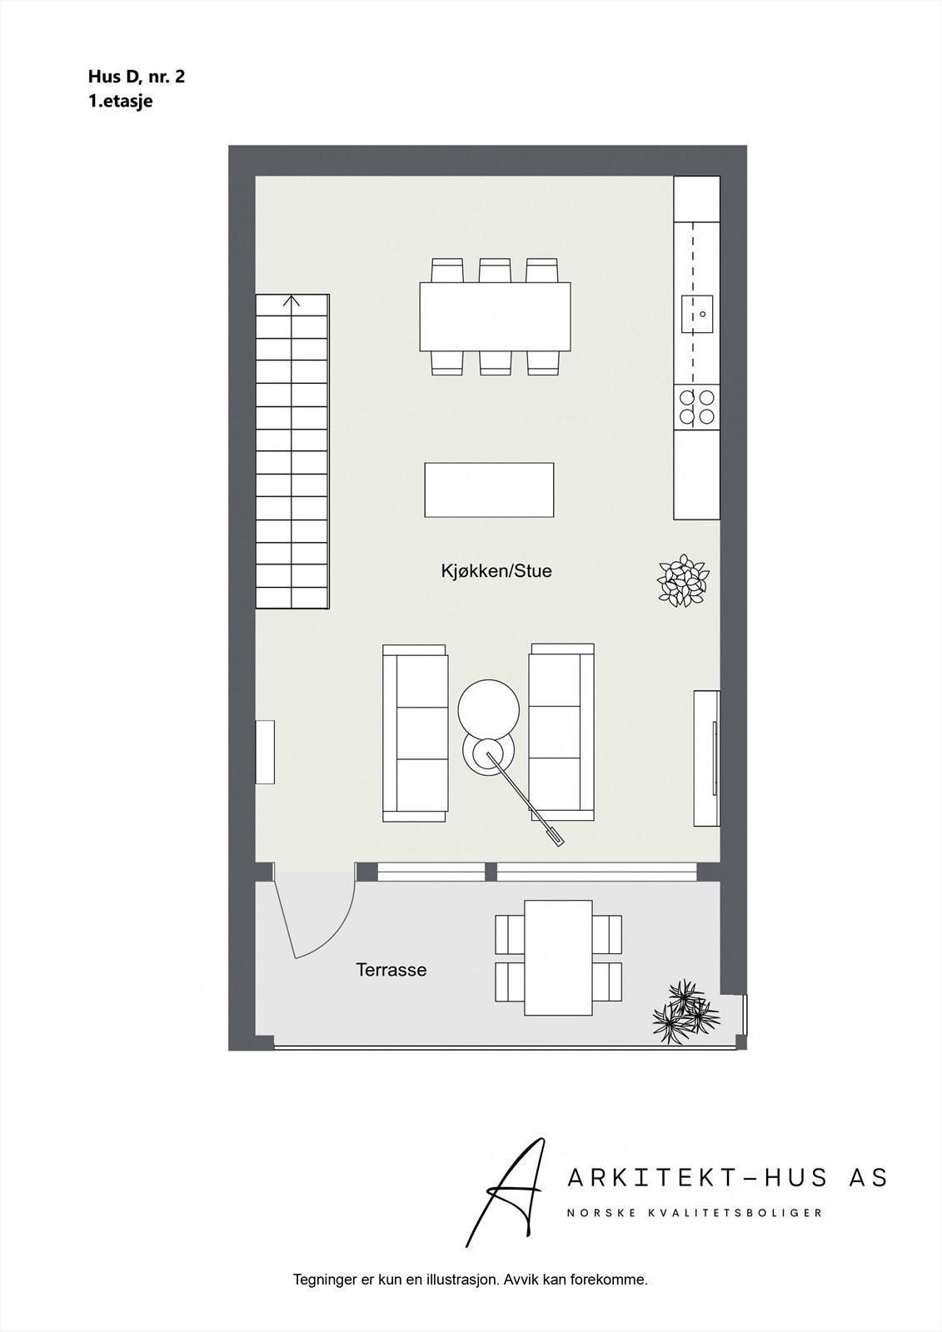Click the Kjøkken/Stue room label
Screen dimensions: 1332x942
(x=496, y=572)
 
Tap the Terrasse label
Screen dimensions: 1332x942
(x=391, y=970)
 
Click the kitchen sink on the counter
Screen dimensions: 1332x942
(x=697, y=314)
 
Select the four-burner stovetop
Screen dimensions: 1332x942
(x=696, y=407)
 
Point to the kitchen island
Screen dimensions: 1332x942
(x=489, y=490)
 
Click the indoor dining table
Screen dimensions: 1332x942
(x=495, y=317)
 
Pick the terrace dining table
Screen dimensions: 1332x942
(x=558, y=958)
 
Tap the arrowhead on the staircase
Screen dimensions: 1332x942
(x=292, y=301)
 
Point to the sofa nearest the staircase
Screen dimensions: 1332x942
(x=415, y=733)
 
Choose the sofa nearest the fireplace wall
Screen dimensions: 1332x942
(x=562, y=733)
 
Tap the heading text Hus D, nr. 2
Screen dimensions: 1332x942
(x=137, y=77)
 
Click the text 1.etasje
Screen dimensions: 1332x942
(x=121, y=102)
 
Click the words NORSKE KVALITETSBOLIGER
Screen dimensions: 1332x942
(x=695, y=1213)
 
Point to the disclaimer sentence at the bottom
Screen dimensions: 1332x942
(x=470, y=1280)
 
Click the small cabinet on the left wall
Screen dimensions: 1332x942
(x=265, y=752)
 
